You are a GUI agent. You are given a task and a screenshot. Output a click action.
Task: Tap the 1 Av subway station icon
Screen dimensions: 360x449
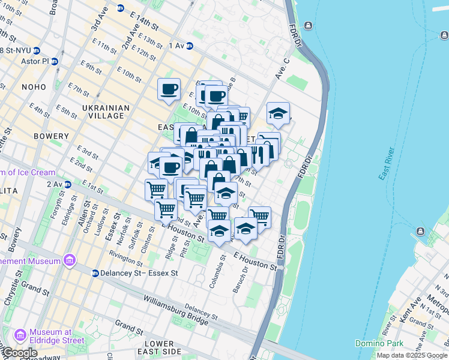tap(189, 46)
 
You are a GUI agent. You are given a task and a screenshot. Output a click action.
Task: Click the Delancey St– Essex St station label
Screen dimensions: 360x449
tap(139, 273)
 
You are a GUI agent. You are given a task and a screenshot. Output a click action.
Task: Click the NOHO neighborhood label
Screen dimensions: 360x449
tap(34, 87)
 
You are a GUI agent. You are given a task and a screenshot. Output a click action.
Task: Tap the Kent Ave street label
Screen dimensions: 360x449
tap(412, 307)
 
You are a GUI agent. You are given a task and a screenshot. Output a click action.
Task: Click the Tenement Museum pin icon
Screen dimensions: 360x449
tap(70, 261)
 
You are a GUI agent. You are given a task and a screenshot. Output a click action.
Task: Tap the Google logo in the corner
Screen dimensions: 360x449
tap(20, 353)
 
